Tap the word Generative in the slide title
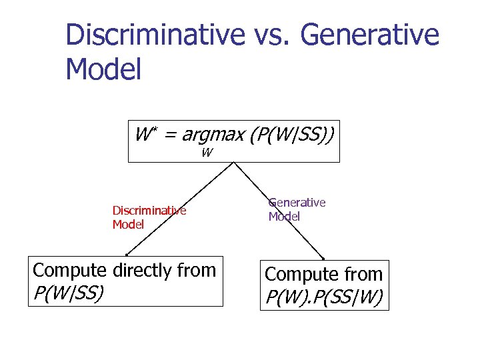370,35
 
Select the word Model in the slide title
103,69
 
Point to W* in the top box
145,135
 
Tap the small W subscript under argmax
207,153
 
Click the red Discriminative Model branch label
149,217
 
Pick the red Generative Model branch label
297,209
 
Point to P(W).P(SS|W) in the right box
324,297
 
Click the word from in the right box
363,274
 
